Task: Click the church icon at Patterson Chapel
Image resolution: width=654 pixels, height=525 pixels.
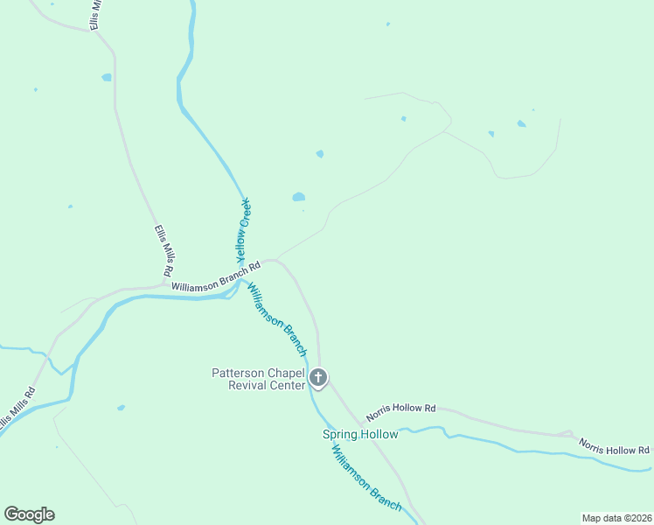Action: click(x=318, y=378)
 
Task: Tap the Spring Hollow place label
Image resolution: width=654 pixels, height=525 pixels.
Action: click(x=360, y=435)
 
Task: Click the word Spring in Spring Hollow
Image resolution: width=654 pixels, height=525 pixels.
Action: click(x=341, y=435)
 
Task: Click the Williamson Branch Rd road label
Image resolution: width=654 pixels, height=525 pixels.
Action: click(x=217, y=276)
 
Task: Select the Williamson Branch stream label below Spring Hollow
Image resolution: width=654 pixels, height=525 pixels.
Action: click(x=365, y=478)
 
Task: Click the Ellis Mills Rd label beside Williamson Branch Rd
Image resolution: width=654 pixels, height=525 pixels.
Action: click(x=164, y=252)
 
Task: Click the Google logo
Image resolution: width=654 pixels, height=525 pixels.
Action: click(x=29, y=514)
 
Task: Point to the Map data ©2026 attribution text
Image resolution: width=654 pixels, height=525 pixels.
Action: click(x=617, y=517)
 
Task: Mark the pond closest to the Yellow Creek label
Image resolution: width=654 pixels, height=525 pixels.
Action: click(x=299, y=197)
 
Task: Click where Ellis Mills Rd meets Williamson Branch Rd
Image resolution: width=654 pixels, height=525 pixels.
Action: click(x=166, y=284)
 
